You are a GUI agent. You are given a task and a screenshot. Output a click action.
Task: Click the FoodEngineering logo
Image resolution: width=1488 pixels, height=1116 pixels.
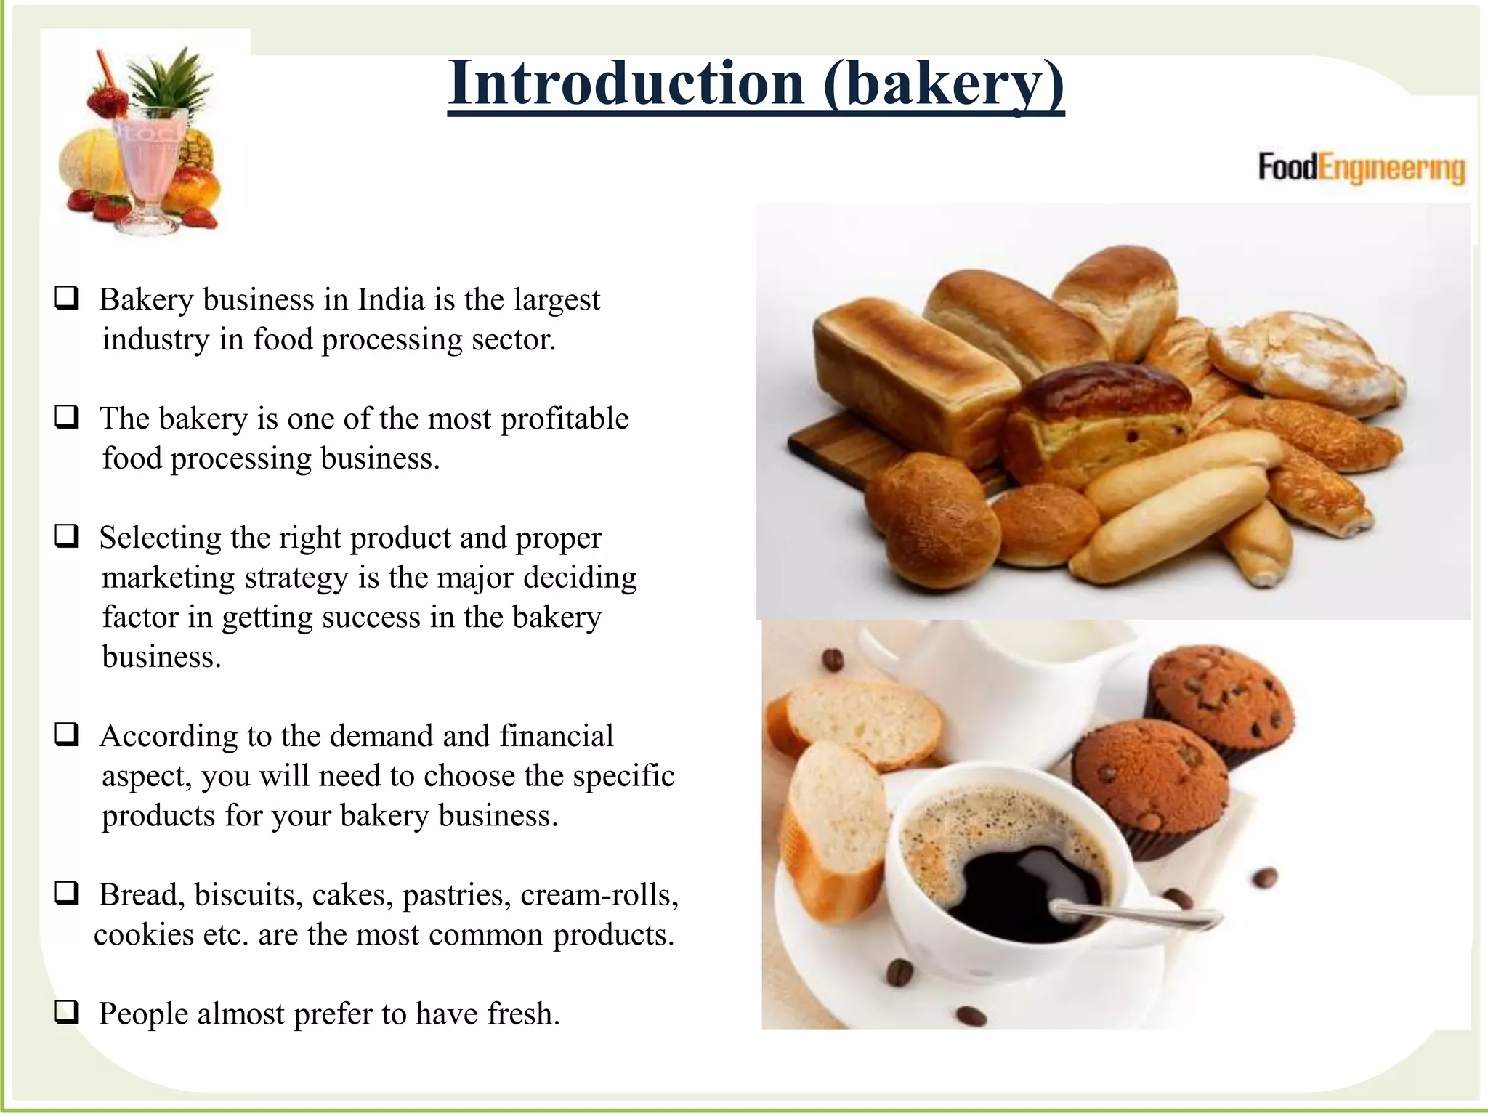[x=1361, y=168]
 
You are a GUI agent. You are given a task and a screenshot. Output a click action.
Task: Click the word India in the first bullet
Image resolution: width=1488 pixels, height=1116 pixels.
[x=391, y=300]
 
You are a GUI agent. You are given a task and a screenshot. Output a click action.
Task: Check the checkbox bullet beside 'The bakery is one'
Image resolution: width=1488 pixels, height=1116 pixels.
[x=66, y=417]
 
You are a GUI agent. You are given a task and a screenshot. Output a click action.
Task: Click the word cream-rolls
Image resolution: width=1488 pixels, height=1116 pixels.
[x=599, y=895]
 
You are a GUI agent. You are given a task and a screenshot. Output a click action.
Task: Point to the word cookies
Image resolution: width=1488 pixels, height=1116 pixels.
[x=144, y=935]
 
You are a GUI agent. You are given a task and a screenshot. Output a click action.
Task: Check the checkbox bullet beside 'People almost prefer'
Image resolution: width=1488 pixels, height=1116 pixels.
[x=66, y=1012]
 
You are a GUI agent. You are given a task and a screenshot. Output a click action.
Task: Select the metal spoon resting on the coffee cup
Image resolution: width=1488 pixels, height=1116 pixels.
[x=1133, y=915]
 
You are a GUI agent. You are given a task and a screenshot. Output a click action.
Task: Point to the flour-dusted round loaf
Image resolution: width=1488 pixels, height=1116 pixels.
[x=1301, y=360]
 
